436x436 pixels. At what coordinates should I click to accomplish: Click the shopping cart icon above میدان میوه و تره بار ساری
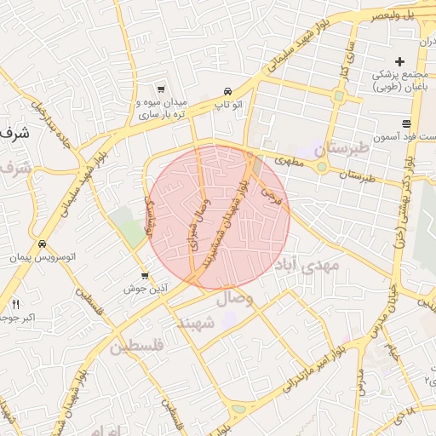coord(160,89)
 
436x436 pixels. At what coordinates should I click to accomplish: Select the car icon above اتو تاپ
coord(227,91)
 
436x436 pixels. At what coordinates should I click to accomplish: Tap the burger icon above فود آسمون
coord(419,123)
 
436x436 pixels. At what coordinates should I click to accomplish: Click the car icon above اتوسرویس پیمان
coord(41,244)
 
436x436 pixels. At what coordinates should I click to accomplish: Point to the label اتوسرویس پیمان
coord(41,256)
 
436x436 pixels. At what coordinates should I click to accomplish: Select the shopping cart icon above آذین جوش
coord(145,276)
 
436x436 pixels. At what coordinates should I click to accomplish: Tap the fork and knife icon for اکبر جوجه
coord(15,304)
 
